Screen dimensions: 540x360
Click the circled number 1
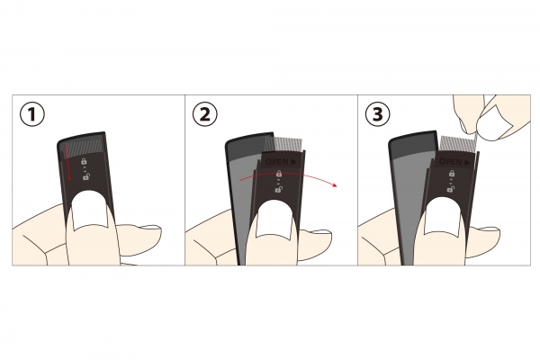pos(32,114)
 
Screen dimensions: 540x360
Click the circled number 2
pos(205,114)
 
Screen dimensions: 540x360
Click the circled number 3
pos(378,114)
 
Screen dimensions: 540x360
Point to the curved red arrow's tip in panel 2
pos(336,186)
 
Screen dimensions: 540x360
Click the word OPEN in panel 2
pos(277,162)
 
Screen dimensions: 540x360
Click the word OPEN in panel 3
pos(451,161)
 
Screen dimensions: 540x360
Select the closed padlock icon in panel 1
pos(84,161)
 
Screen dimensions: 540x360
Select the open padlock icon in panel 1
pos(85,176)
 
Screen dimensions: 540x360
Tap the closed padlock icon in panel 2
pos(279,174)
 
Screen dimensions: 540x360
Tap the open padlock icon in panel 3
pos(451,189)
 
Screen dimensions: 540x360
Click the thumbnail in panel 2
pos(274,219)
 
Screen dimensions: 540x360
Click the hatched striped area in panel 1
pos(85,147)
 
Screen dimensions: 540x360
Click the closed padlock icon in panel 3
pos(452,174)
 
